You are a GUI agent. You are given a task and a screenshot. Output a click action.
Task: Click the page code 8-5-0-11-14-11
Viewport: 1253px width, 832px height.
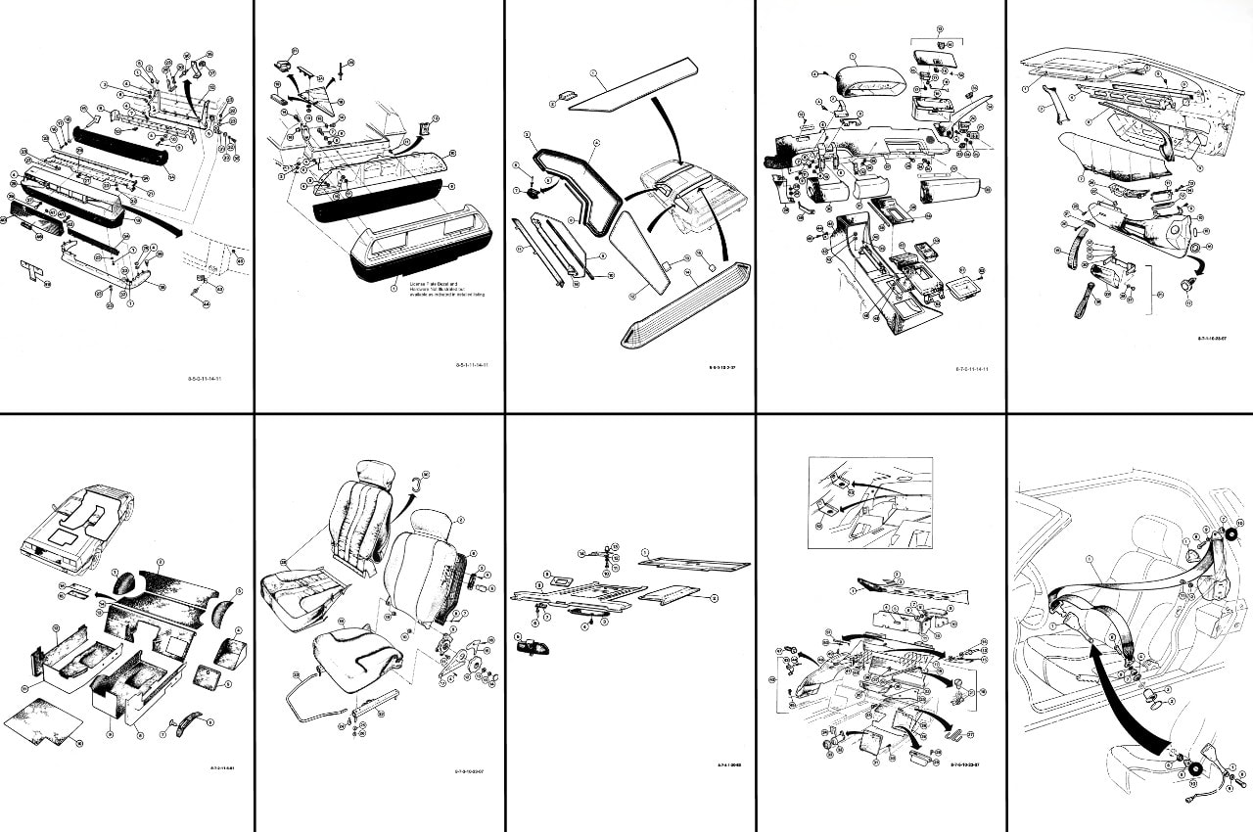[207, 377]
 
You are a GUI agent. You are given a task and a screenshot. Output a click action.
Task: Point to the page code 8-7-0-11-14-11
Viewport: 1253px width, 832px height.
[971, 369]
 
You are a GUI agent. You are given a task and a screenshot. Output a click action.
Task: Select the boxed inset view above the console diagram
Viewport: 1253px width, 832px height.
[870, 502]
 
